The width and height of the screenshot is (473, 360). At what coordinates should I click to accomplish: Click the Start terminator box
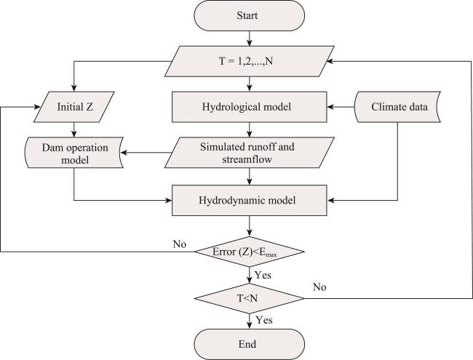[x=249, y=15]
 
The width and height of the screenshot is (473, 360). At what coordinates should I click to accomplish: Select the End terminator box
[x=249, y=344]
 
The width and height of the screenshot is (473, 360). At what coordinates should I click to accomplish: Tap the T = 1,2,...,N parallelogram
[x=249, y=61]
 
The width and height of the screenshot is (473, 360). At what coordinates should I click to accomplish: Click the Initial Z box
[x=74, y=107]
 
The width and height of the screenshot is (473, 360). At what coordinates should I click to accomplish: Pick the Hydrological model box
[x=249, y=107]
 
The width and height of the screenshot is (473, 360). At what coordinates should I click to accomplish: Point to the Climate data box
[x=397, y=107]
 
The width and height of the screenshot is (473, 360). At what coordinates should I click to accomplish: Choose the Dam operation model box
[x=74, y=153]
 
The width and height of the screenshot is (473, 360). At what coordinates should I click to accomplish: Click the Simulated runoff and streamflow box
[x=249, y=153]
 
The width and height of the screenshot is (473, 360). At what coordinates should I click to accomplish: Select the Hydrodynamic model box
[x=249, y=200]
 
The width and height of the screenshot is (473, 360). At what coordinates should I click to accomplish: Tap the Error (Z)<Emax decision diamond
[x=249, y=252]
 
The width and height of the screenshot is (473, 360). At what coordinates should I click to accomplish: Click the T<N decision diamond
[x=249, y=298]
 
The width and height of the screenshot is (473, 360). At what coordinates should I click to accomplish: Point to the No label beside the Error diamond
[x=180, y=244]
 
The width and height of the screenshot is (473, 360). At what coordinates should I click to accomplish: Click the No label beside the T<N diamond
[x=319, y=287]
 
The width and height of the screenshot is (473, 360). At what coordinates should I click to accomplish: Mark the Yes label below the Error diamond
[x=263, y=275]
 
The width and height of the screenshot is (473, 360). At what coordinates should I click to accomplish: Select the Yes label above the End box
[x=264, y=320]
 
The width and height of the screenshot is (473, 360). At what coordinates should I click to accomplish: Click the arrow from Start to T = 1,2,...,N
[x=249, y=39]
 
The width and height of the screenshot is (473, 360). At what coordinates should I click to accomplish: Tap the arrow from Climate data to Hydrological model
[x=341, y=107]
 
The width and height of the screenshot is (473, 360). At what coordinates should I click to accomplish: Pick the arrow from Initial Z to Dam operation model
[x=74, y=130]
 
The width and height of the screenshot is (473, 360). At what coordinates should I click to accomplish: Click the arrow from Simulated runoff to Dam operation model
[x=146, y=153]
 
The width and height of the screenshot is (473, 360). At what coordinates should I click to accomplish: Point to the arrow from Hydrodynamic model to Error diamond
[x=249, y=226]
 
